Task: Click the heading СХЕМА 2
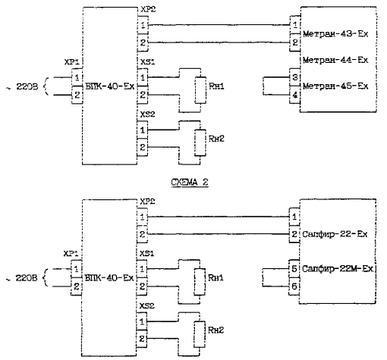[x=190, y=182]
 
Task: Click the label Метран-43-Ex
[x=335, y=34]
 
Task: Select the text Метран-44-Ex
[x=335, y=60]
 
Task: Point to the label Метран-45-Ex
[x=335, y=86]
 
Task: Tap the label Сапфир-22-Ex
[x=335, y=234]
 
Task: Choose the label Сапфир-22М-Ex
[x=338, y=268]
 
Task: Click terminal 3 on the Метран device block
[x=295, y=77]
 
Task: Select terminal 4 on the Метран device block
[x=295, y=95]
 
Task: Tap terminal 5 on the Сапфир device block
[x=294, y=268]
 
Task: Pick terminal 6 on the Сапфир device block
[x=294, y=286]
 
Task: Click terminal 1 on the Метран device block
[x=295, y=25]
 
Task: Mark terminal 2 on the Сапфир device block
[x=294, y=234]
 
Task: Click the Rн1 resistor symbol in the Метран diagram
[x=200, y=90]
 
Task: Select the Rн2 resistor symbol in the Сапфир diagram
[x=200, y=334]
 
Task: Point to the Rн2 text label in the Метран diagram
[x=216, y=139]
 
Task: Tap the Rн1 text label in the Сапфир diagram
[x=216, y=278]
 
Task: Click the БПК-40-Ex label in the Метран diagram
[x=110, y=86]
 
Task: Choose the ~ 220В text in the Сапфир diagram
[x=22, y=278]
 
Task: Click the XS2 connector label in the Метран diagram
[x=147, y=114]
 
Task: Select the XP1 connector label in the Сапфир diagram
[x=71, y=254]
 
